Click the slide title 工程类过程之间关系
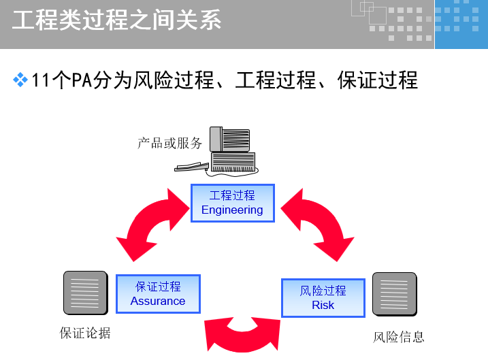click(117, 20)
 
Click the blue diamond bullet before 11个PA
click(20, 80)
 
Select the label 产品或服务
click(170, 143)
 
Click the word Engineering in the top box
click(232, 210)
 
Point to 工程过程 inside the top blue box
click(232, 195)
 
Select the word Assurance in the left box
click(158, 301)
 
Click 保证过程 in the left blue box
click(158, 287)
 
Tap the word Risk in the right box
click(323, 305)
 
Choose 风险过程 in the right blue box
click(323, 291)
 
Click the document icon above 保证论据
click(85, 293)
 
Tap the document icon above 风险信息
click(394, 294)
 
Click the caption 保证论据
click(85, 333)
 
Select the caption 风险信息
click(399, 336)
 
